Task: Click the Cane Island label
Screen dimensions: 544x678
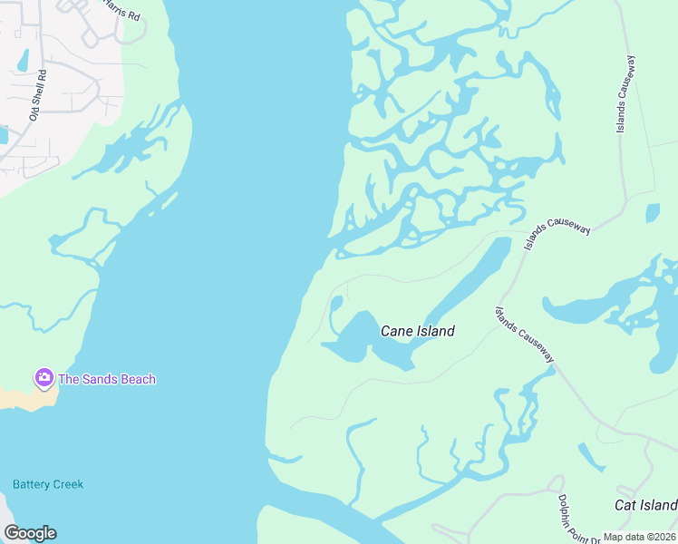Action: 417,331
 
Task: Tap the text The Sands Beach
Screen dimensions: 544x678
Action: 107,379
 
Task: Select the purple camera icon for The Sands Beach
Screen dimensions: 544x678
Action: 43,377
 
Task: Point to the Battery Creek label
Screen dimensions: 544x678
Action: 48,484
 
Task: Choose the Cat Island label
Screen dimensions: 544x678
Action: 645,505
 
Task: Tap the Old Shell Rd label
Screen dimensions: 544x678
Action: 37,94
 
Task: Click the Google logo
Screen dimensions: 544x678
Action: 30,533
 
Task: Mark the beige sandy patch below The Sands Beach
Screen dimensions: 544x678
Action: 20,397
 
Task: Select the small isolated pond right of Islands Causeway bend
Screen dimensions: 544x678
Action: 653,213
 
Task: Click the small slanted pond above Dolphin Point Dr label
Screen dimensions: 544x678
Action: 591,457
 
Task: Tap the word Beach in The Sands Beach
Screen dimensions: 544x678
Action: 136,379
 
